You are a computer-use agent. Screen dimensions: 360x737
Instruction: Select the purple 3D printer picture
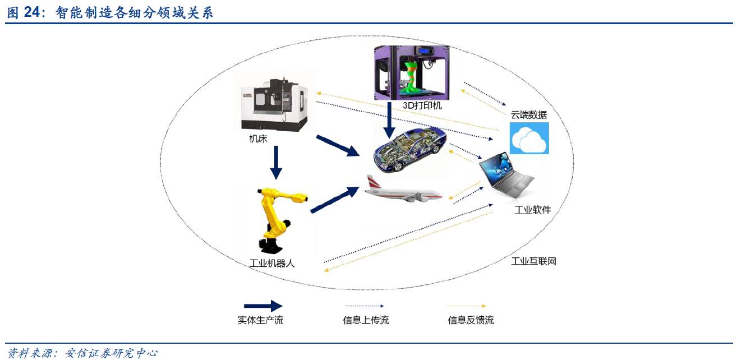(x=411, y=72)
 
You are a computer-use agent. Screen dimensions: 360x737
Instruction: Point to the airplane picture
(x=403, y=191)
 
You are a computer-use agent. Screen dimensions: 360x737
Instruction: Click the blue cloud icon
(x=529, y=138)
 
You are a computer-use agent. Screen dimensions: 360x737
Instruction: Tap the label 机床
(x=258, y=139)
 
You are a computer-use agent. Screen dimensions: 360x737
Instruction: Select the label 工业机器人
(x=272, y=262)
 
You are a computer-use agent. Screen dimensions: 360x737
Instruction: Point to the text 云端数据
(x=528, y=115)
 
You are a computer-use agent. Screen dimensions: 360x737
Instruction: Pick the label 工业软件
(x=532, y=210)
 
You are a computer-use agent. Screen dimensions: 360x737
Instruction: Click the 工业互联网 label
(x=533, y=261)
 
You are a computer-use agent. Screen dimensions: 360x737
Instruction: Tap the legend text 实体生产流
(x=261, y=320)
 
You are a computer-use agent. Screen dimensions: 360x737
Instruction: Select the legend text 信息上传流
(x=366, y=320)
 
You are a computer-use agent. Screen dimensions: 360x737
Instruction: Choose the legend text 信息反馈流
(x=471, y=320)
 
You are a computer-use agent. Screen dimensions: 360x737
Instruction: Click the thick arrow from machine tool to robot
(x=275, y=163)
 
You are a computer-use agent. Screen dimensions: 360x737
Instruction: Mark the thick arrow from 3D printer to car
(x=388, y=119)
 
